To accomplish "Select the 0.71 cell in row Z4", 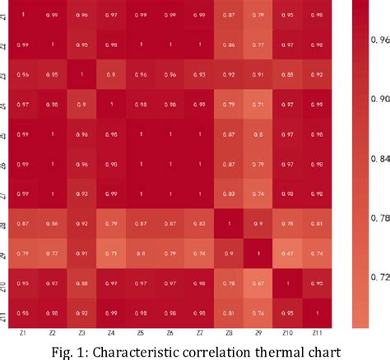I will click(x=258, y=105).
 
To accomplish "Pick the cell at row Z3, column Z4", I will click(x=111, y=75).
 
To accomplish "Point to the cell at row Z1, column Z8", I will click(x=229, y=16).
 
